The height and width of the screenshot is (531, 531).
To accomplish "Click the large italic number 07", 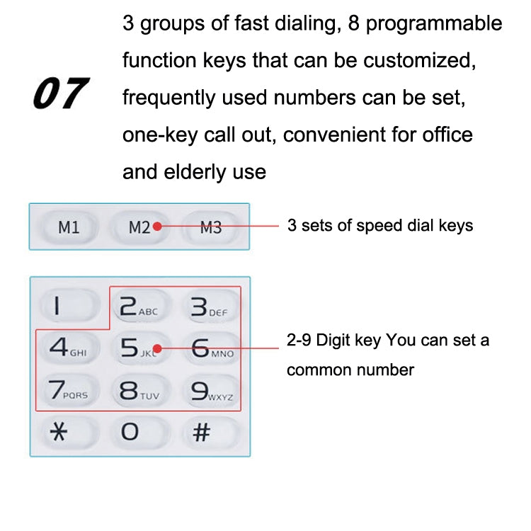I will (59, 94).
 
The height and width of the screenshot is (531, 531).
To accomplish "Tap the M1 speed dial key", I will (69, 227).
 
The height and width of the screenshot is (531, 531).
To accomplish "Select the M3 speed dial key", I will (211, 227).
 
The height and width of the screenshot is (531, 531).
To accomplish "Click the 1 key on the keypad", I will (67, 307).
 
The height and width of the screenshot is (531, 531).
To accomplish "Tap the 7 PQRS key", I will (68, 390).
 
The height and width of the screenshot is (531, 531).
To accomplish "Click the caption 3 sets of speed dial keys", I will (379, 226).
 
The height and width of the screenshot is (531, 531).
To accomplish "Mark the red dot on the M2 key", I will (157, 227).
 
